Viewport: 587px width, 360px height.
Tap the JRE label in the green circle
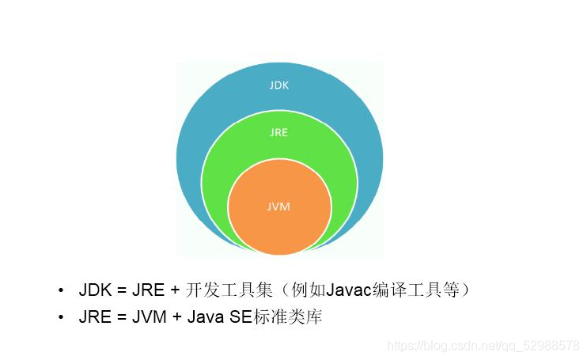278,133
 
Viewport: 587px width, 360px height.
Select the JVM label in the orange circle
278,207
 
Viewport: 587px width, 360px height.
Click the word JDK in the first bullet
95,290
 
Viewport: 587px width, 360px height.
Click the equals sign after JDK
120,290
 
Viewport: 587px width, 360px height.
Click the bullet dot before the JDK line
60,291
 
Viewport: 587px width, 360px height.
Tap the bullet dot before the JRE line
60,319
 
